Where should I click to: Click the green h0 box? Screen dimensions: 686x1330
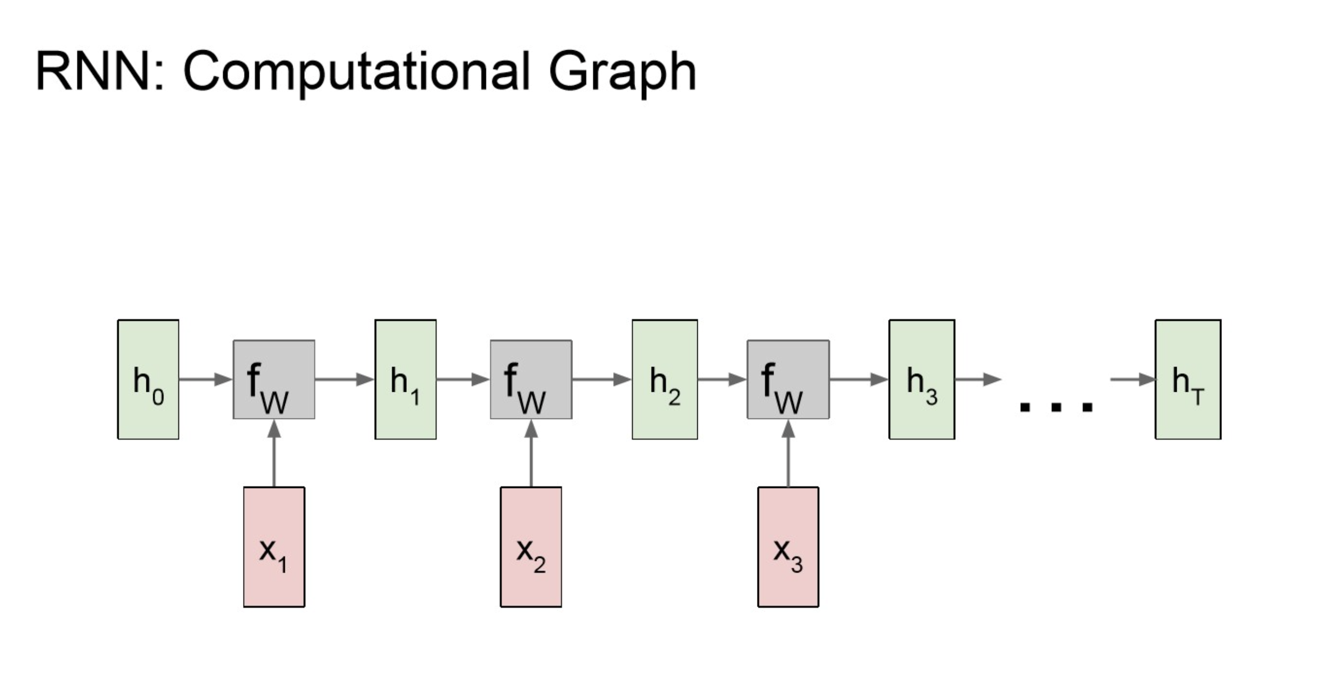tap(148, 380)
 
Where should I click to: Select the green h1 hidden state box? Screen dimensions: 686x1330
tap(405, 380)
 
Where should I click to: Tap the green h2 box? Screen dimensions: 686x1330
tap(665, 380)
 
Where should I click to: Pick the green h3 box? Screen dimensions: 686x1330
tap(922, 380)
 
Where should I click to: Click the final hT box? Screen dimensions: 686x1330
tap(1188, 380)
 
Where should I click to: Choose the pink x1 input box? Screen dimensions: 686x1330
tap(274, 546)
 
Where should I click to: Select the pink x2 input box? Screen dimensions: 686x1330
tap(531, 546)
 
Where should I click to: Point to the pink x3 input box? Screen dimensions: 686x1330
tap(788, 546)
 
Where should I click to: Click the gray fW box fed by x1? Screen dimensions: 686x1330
tap(274, 380)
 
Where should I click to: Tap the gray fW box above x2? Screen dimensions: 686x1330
tap(531, 380)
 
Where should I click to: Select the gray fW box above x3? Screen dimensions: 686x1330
tap(788, 380)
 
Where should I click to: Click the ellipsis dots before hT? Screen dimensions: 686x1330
tap(1056, 407)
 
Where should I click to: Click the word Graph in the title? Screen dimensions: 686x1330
tap(622, 72)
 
